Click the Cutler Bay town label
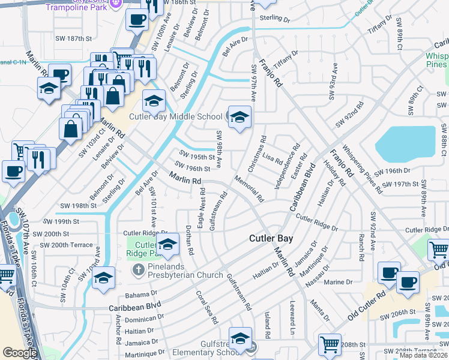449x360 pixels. click(x=271, y=238)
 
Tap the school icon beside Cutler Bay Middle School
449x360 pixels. click(x=239, y=117)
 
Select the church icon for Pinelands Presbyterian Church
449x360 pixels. click(x=137, y=269)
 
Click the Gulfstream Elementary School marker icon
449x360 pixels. click(x=240, y=339)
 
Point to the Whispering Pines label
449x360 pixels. click(x=436, y=59)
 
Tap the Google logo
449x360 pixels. click(x=19, y=353)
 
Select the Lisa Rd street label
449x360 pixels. click(x=272, y=160)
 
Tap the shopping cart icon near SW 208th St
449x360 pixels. click(x=329, y=344)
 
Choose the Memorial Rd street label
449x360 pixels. click(x=249, y=188)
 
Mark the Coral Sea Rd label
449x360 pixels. click(x=205, y=307)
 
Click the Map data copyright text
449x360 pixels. click(x=423, y=355)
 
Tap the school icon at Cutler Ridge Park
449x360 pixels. click(x=167, y=244)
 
